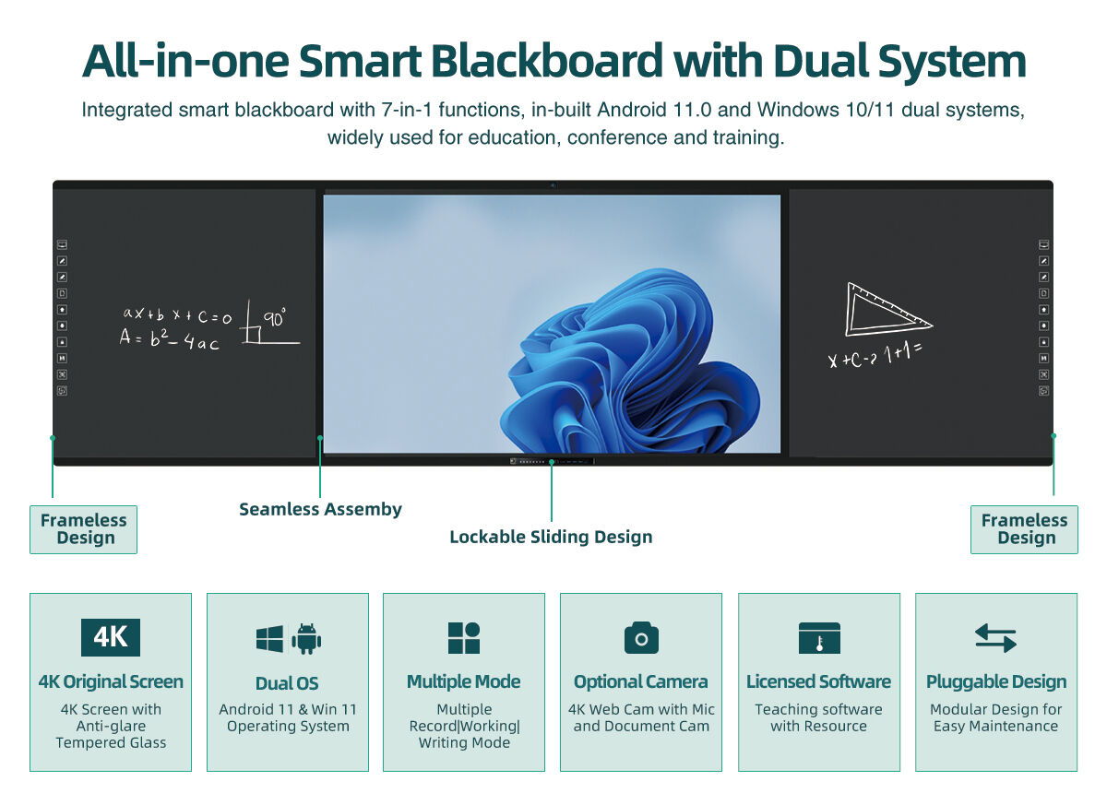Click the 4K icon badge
[x=111, y=637]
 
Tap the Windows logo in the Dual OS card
[x=269, y=638]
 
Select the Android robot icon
[x=306, y=638]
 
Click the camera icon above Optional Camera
[x=641, y=637]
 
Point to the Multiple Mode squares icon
[x=464, y=638]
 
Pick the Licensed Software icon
[x=819, y=638]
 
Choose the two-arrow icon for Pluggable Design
[x=995, y=638]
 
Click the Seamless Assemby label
[x=320, y=509]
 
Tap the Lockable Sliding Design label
[x=551, y=537]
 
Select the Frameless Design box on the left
[x=83, y=529]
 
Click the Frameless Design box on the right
[x=1024, y=529]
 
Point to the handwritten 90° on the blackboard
[x=275, y=319]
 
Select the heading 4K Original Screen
[x=111, y=681]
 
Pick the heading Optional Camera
[x=641, y=681]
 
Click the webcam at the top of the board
[x=553, y=185]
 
